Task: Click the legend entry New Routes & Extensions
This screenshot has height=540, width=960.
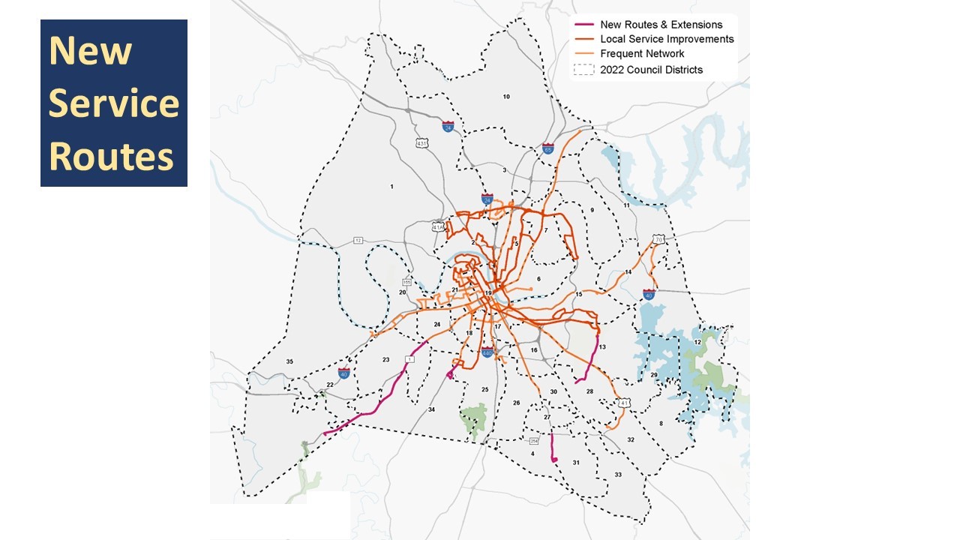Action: (661, 25)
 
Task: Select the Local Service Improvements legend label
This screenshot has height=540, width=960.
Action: (667, 39)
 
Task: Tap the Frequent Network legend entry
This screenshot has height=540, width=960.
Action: (642, 54)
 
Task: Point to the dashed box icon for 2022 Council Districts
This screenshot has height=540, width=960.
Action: (583, 70)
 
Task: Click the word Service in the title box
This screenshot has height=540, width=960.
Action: (113, 103)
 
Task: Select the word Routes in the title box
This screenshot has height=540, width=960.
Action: (111, 156)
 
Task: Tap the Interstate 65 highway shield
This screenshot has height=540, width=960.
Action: (548, 149)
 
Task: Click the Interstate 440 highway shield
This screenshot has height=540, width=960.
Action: (487, 352)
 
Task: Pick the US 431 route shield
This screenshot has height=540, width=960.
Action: (423, 142)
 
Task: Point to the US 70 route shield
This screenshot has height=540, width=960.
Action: (658, 239)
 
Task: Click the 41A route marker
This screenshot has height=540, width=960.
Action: (439, 226)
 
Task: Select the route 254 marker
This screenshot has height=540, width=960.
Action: (534, 440)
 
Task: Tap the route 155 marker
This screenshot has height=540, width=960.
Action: (407, 283)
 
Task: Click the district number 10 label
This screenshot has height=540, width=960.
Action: (506, 97)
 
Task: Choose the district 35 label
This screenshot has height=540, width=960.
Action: (289, 361)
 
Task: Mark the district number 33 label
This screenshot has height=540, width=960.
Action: (618, 475)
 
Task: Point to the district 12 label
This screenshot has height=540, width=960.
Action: (697, 342)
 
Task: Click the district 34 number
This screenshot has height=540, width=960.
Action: (431, 409)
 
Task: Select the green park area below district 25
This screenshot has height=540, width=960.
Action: (474, 418)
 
